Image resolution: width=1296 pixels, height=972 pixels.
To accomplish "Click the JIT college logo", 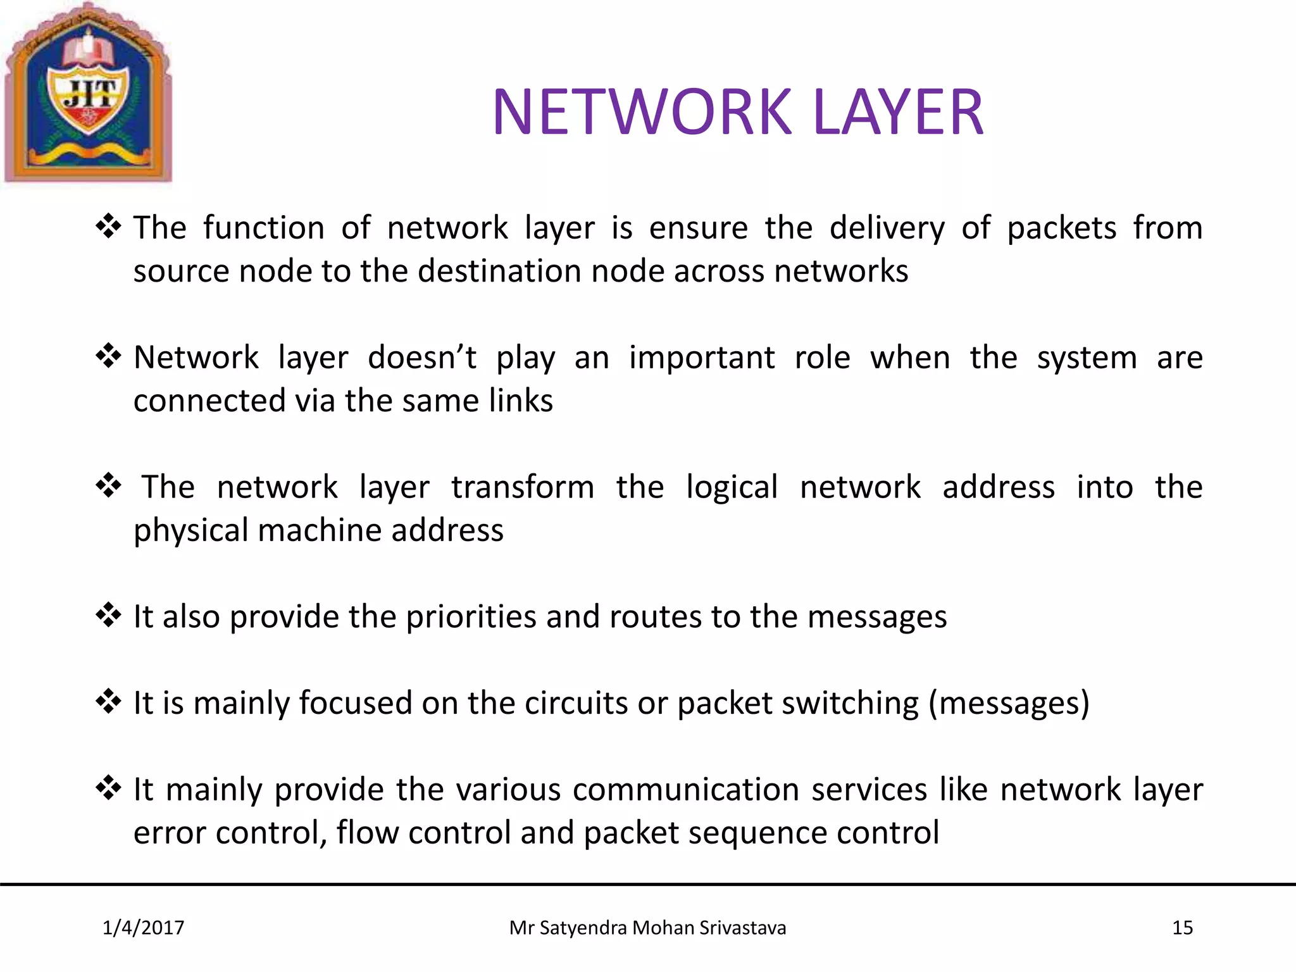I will click(89, 94).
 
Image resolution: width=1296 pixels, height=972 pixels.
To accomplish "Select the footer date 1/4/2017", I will click(143, 928).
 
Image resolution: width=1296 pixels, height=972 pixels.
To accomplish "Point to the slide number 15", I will click(1182, 928).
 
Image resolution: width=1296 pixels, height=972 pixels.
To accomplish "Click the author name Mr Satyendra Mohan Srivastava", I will click(647, 928).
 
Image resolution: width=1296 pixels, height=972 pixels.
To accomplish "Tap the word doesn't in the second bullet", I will click(421, 358).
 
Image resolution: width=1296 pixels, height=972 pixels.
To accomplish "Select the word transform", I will click(523, 487).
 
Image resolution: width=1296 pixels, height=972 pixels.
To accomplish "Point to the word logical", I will click(732, 487).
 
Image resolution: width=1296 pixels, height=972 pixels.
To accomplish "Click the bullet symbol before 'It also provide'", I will click(108, 614).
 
